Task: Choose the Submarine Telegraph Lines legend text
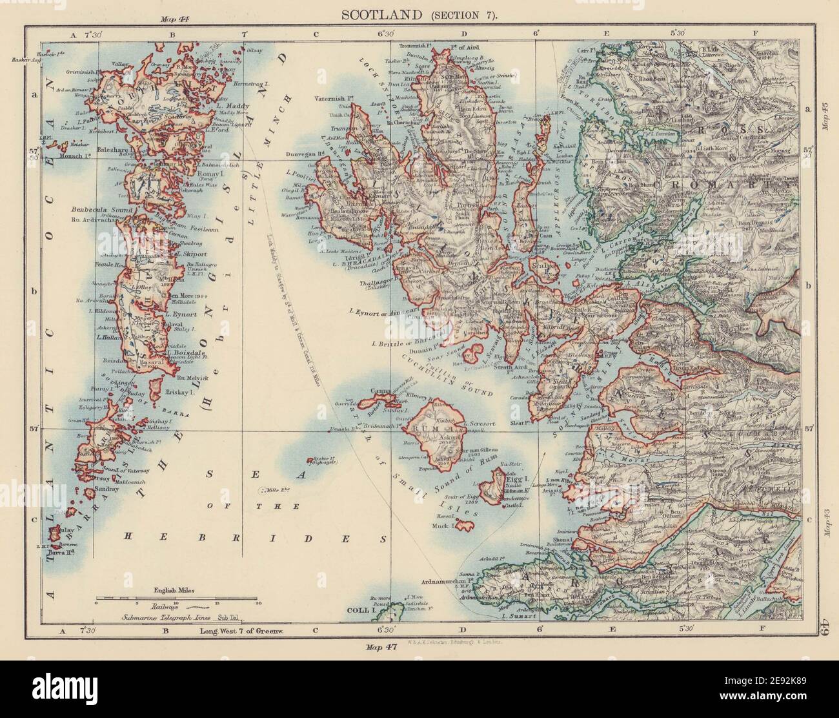[176, 618]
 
